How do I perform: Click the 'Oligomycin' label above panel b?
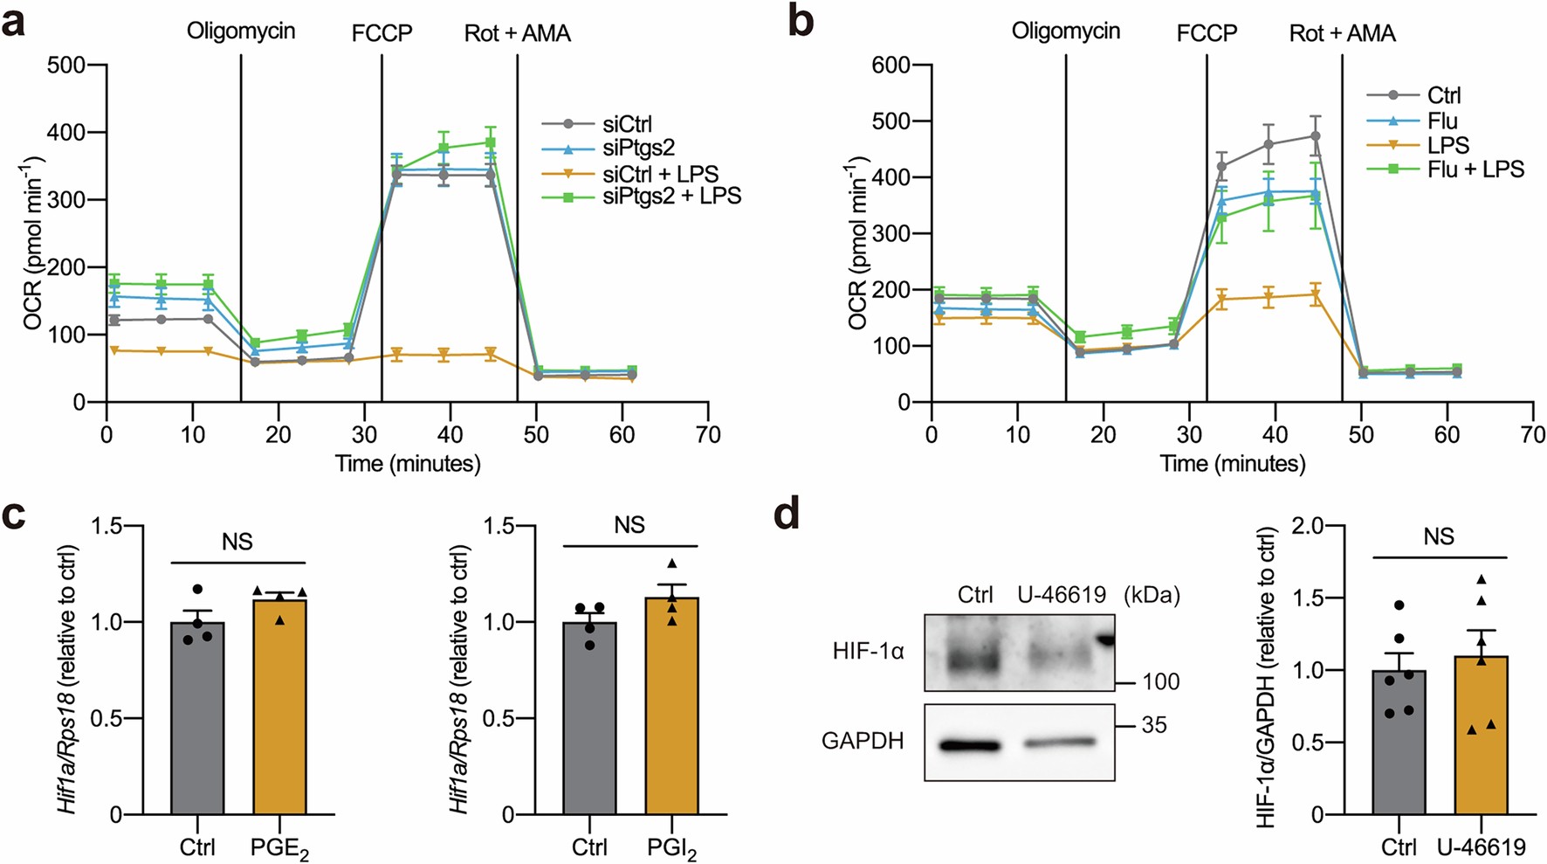click(x=1065, y=31)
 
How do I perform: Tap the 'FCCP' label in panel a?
click(x=382, y=33)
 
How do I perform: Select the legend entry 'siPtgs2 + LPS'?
click(x=671, y=197)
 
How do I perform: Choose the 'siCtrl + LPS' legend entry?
click(x=660, y=173)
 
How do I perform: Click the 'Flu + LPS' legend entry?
click(x=1475, y=169)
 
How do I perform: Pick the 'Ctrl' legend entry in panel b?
click(x=1444, y=95)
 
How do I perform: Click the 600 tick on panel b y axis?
click(x=891, y=66)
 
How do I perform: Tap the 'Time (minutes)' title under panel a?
click(x=408, y=463)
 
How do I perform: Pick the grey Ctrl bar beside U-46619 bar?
click(x=1399, y=742)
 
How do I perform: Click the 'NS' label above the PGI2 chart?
click(x=629, y=525)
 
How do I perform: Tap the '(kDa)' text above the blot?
click(x=1152, y=595)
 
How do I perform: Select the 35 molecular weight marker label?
click(x=1153, y=725)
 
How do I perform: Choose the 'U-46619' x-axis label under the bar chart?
click(x=1482, y=847)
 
